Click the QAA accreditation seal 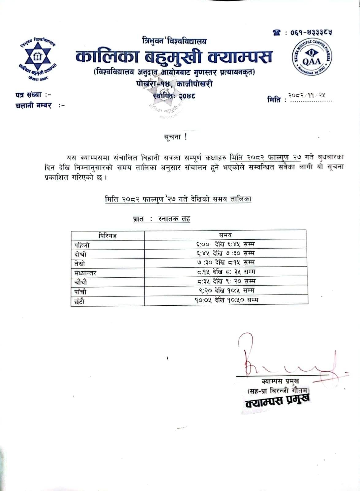[x=312, y=58]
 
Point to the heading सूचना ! [x=176, y=137]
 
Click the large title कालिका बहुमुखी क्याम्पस [x=174, y=57]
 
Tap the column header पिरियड [x=108, y=236]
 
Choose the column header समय [x=225, y=235]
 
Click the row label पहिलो [x=82, y=245]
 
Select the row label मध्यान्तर [x=86, y=273]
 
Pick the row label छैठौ [x=79, y=301]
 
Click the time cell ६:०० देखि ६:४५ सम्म [x=226, y=244]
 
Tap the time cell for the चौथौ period [x=226, y=281]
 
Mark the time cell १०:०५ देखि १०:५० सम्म [x=226, y=300]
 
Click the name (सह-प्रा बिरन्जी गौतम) [x=278, y=391]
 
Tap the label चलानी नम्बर [x=34, y=106]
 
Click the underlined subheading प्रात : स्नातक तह [x=162, y=219]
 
